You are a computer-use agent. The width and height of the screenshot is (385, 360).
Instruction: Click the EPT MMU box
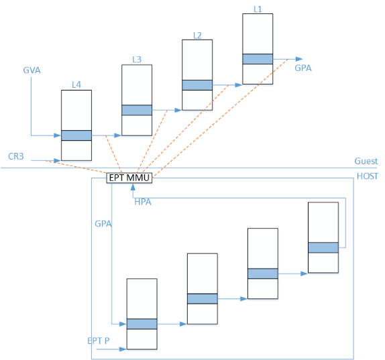tap(129, 178)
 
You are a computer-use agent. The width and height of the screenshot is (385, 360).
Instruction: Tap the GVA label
tap(32, 70)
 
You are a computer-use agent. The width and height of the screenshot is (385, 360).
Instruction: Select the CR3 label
tap(16, 156)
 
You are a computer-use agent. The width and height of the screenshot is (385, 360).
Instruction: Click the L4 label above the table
tap(76, 84)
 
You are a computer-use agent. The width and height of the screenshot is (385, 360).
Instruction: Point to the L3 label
tap(137, 60)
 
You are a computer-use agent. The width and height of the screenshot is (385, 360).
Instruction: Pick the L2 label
tap(197, 36)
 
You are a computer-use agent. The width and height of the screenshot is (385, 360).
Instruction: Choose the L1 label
tap(258, 9)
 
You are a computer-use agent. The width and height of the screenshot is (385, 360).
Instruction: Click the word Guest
tap(366, 161)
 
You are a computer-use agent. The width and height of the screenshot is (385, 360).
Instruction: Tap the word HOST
tap(368, 176)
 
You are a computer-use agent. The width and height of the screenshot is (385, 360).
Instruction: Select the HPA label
tap(143, 202)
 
